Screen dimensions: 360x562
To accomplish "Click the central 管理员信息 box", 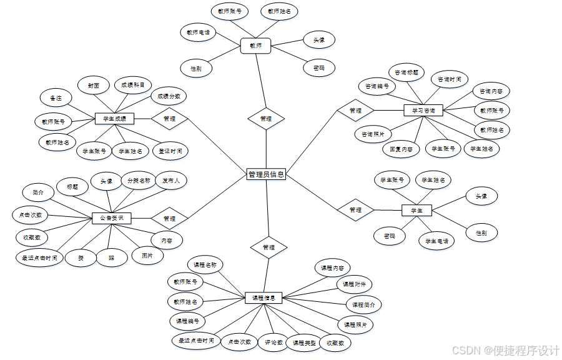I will click(x=266, y=174).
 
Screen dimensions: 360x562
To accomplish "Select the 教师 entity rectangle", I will click(x=255, y=46).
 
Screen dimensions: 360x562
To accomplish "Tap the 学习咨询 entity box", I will click(x=423, y=111).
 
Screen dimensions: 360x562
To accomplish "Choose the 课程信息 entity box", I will click(x=264, y=298).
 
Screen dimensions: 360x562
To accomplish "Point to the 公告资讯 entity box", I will click(x=112, y=218).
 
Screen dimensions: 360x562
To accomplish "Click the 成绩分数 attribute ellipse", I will click(x=169, y=96).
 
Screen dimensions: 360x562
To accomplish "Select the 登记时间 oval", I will click(x=170, y=151).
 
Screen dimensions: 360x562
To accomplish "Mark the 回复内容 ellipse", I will click(x=401, y=149).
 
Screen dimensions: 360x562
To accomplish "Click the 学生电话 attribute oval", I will click(x=437, y=241).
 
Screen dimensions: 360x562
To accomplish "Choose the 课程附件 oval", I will click(x=354, y=284).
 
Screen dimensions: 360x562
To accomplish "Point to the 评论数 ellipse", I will click(x=275, y=342).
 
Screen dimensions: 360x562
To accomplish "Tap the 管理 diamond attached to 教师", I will click(x=266, y=118).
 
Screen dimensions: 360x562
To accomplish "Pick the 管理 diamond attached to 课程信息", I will click(x=269, y=247).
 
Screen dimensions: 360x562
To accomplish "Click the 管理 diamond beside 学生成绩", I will click(x=169, y=118).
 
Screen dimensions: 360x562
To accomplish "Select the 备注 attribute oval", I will click(x=56, y=98).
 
